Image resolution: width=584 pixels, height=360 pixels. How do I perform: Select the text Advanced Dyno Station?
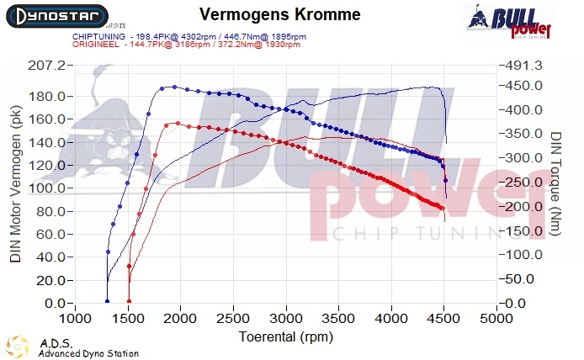88,354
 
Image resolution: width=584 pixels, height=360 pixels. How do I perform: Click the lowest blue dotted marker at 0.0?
107,301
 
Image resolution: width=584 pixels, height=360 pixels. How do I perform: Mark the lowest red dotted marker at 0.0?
129,301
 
